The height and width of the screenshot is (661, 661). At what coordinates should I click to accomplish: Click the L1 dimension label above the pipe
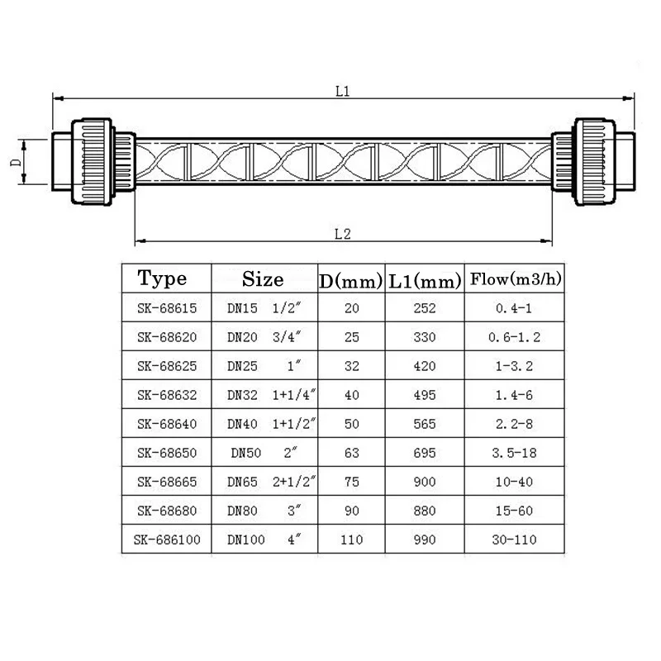click(343, 92)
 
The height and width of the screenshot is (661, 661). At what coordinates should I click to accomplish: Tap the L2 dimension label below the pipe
click(343, 234)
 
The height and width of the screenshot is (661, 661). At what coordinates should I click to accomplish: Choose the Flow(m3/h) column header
click(516, 278)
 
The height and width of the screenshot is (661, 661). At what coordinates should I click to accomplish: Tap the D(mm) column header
click(351, 280)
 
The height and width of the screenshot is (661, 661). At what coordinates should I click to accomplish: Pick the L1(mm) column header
click(425, 280)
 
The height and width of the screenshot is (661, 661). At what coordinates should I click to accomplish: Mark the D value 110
click(351, 540)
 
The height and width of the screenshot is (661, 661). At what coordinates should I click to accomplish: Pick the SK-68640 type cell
click(167, 425)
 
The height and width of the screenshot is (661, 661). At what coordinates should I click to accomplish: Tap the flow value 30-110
click(516, 540)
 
